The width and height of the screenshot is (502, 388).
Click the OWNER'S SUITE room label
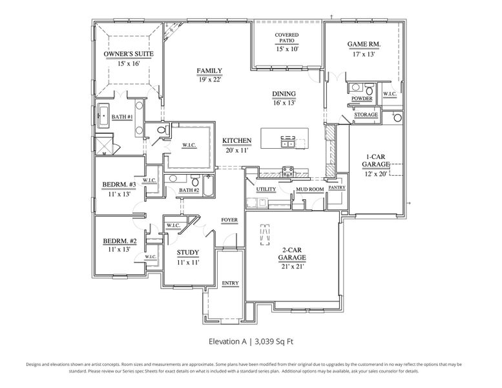[x=129, y=54]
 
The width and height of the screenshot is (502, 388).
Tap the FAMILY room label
[x=210, y=70]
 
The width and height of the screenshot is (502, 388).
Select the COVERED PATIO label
[x=287, y=38]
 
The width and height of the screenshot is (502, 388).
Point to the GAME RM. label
[x=364, y=45]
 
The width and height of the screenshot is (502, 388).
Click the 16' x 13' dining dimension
[x=284, y=103]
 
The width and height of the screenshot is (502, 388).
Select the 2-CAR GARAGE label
[x=291, y=253]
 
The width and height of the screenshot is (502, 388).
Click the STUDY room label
[x=187, y=253]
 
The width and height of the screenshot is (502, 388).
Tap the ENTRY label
[x=230, y=283]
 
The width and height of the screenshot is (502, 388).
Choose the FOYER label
[x=229, y=220]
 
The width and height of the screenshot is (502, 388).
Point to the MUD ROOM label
[x=309, y=189]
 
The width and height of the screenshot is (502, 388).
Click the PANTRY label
[x=337, y=188]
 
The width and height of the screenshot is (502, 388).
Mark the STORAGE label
[x=366, y=114]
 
